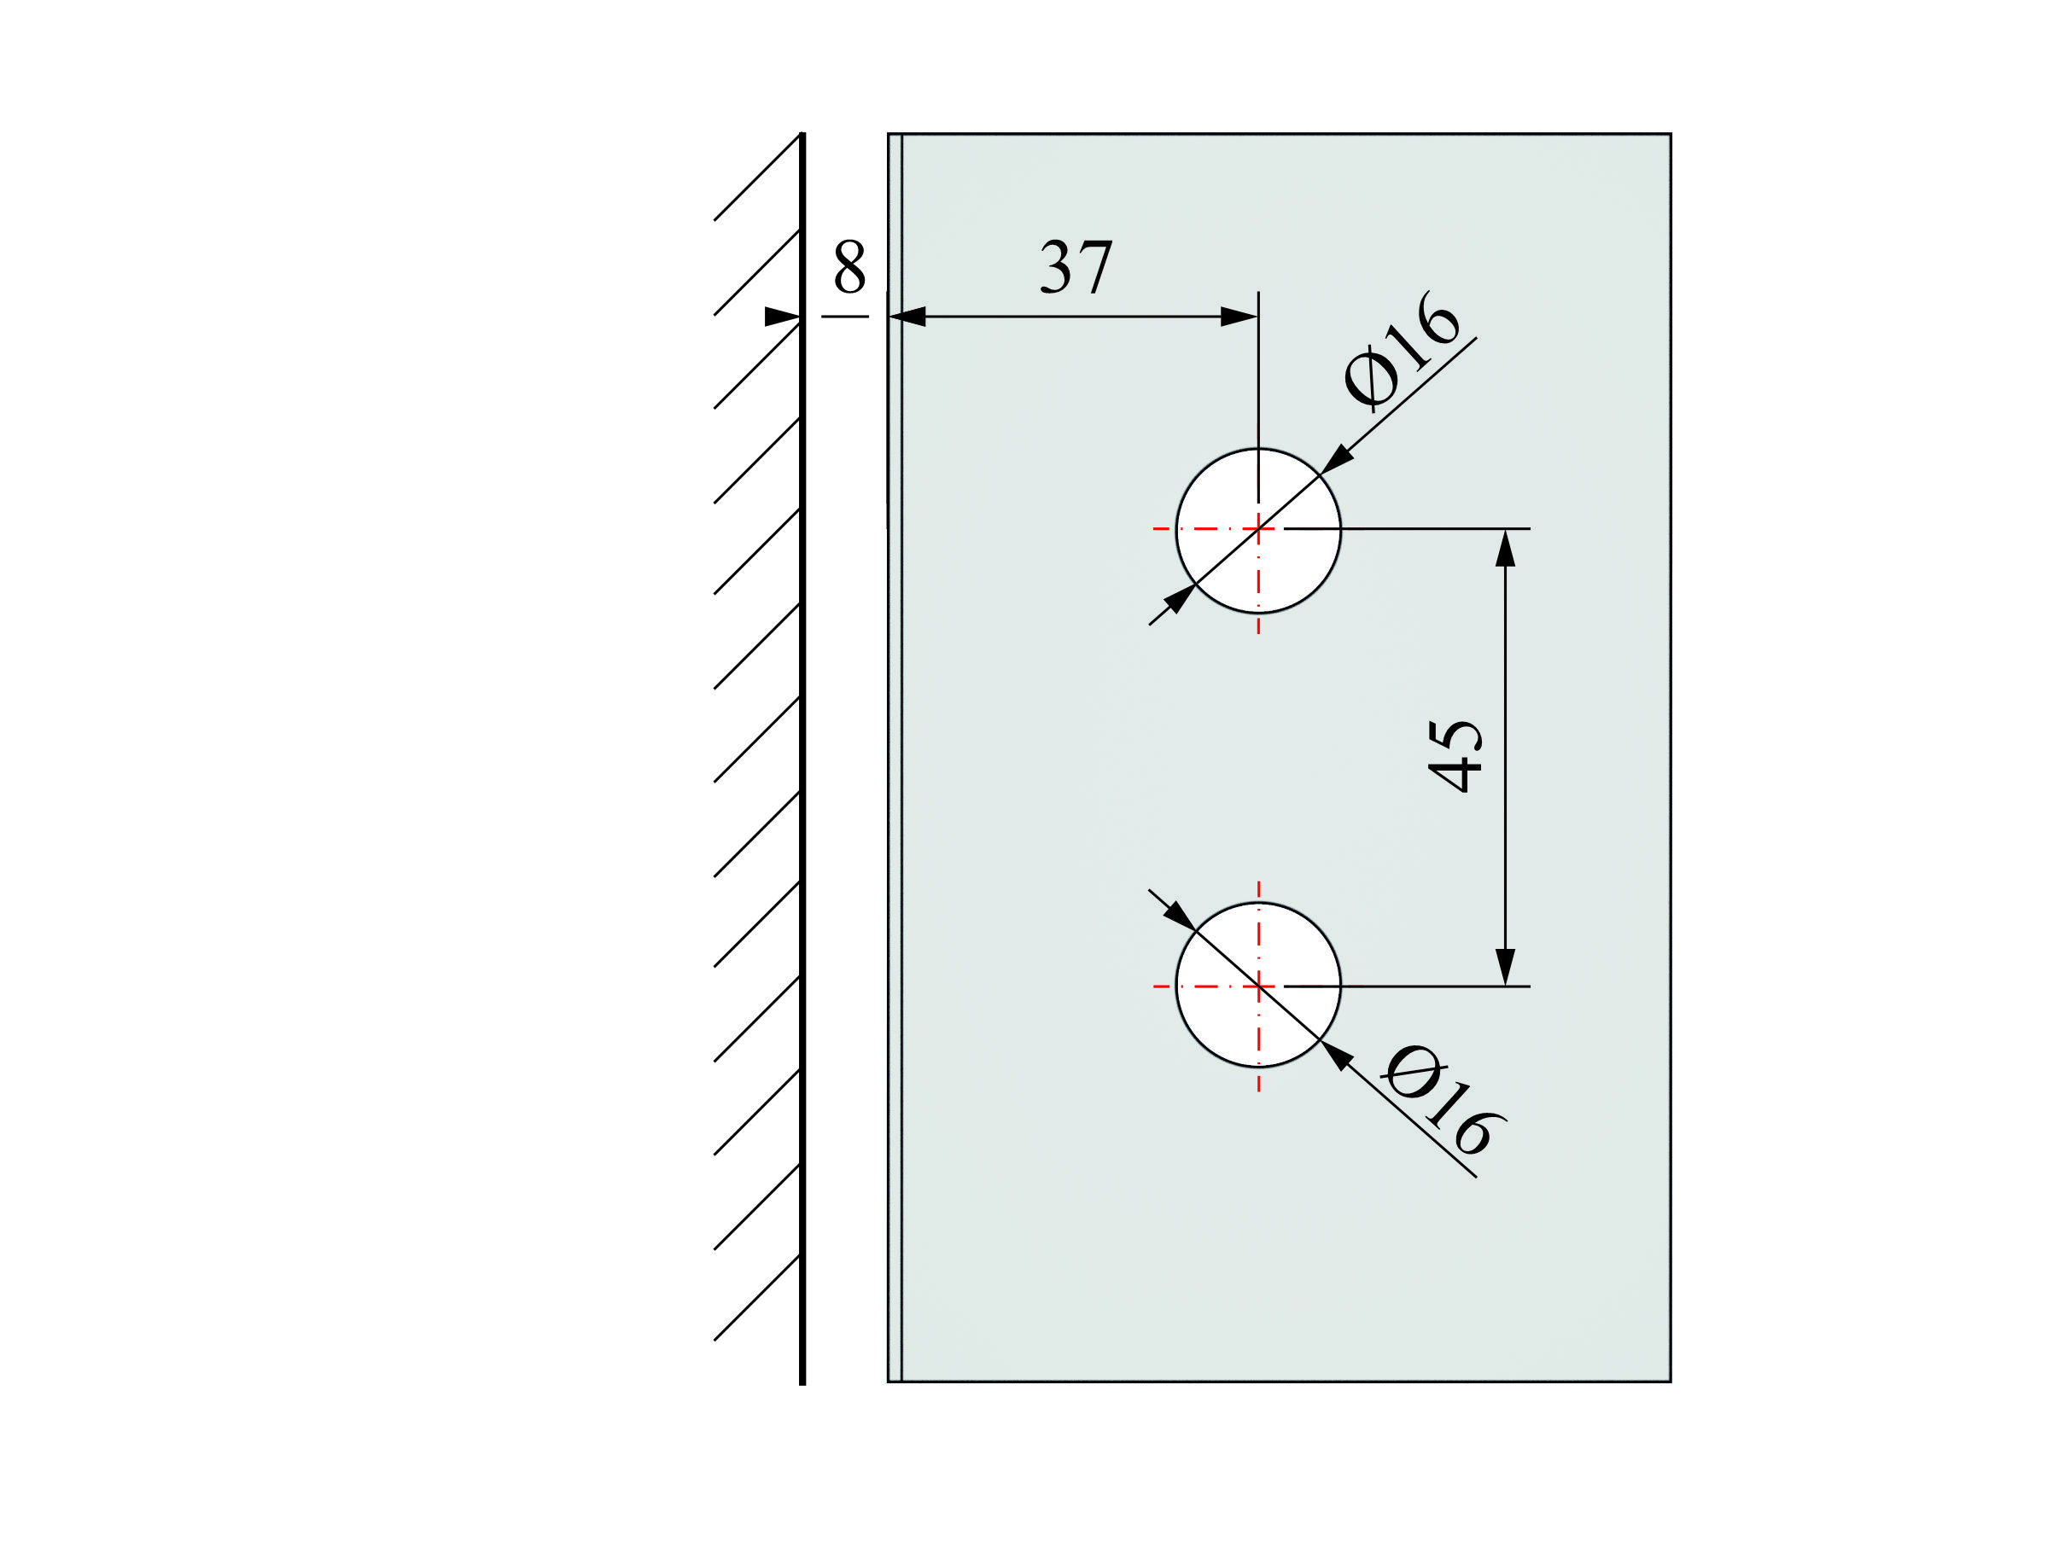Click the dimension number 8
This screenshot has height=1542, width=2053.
coord(849,266)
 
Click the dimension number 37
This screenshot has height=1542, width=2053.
coord(1076,267)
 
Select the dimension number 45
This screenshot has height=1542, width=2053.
coord(1455,755)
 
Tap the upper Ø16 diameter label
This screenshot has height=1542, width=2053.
coord(1402,352)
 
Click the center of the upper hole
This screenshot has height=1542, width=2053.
coord(1258,530)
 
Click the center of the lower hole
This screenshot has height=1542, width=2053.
coord(1258,986)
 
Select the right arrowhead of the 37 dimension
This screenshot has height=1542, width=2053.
coord(1239,317)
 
